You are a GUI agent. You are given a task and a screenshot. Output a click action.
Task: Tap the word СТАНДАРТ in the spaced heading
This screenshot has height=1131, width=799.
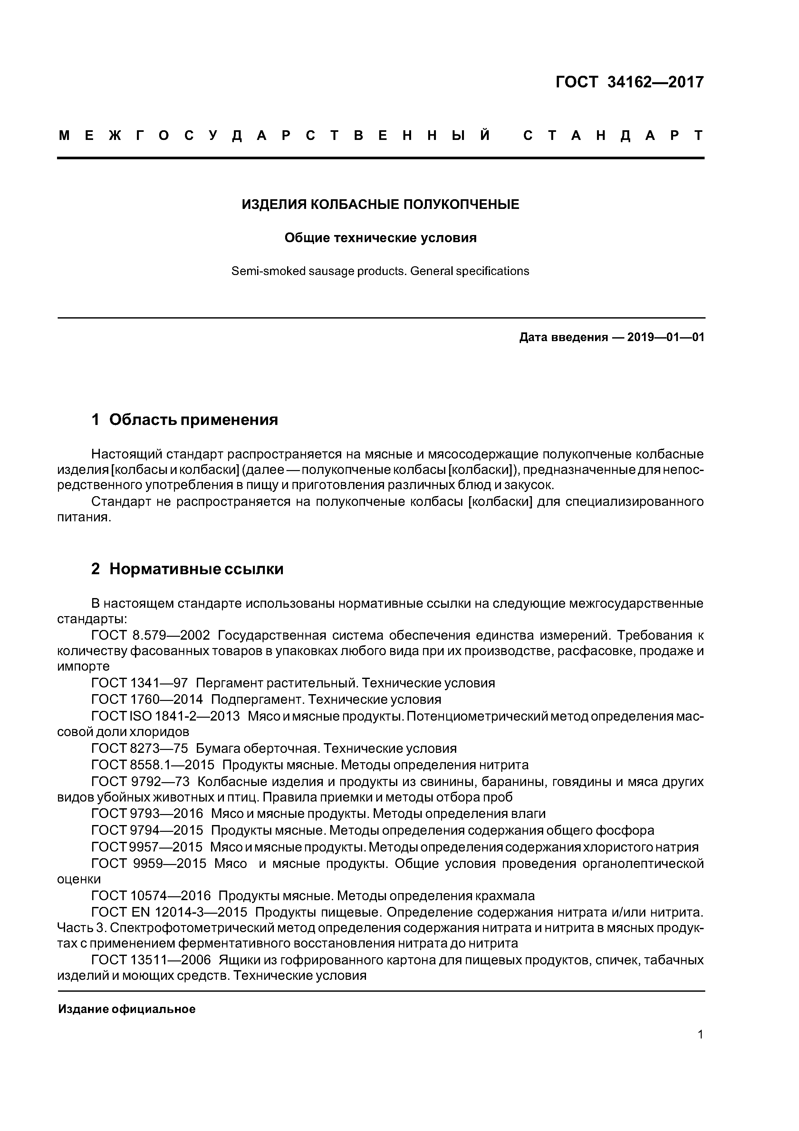[613, 135]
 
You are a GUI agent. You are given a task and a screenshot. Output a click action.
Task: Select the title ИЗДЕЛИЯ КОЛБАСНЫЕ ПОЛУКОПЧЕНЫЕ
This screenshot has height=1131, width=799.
[380, 204]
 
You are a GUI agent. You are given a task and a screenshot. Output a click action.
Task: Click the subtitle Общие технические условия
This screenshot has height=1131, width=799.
[380, 238]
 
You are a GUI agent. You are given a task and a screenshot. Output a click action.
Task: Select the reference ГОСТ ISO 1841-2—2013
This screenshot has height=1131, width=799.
[165, 716]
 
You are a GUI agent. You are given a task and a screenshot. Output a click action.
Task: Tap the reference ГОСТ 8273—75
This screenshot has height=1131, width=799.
[140, 749]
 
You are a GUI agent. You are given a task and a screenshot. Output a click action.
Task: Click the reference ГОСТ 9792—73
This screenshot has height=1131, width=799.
[140, 782]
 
